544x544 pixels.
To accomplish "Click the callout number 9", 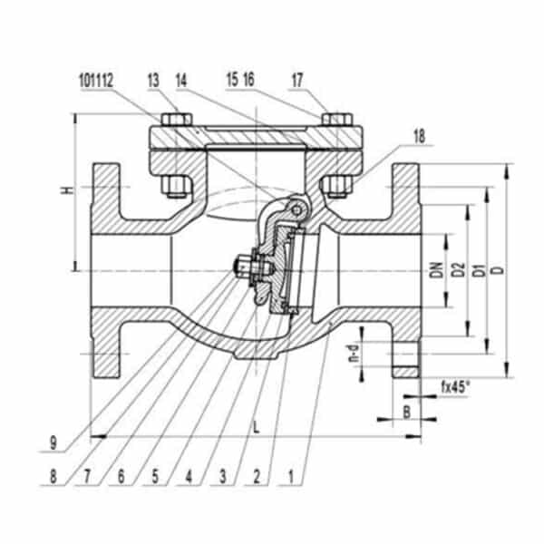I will [x=54, y=445].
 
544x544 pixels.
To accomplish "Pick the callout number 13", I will [x=153, y=80].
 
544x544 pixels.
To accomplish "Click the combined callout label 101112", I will [x=96, y=80].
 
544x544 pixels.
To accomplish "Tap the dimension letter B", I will [x=406, y=413].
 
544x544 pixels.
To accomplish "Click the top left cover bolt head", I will [x=173, y=119].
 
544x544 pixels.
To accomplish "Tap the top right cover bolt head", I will [x=337, y=119].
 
